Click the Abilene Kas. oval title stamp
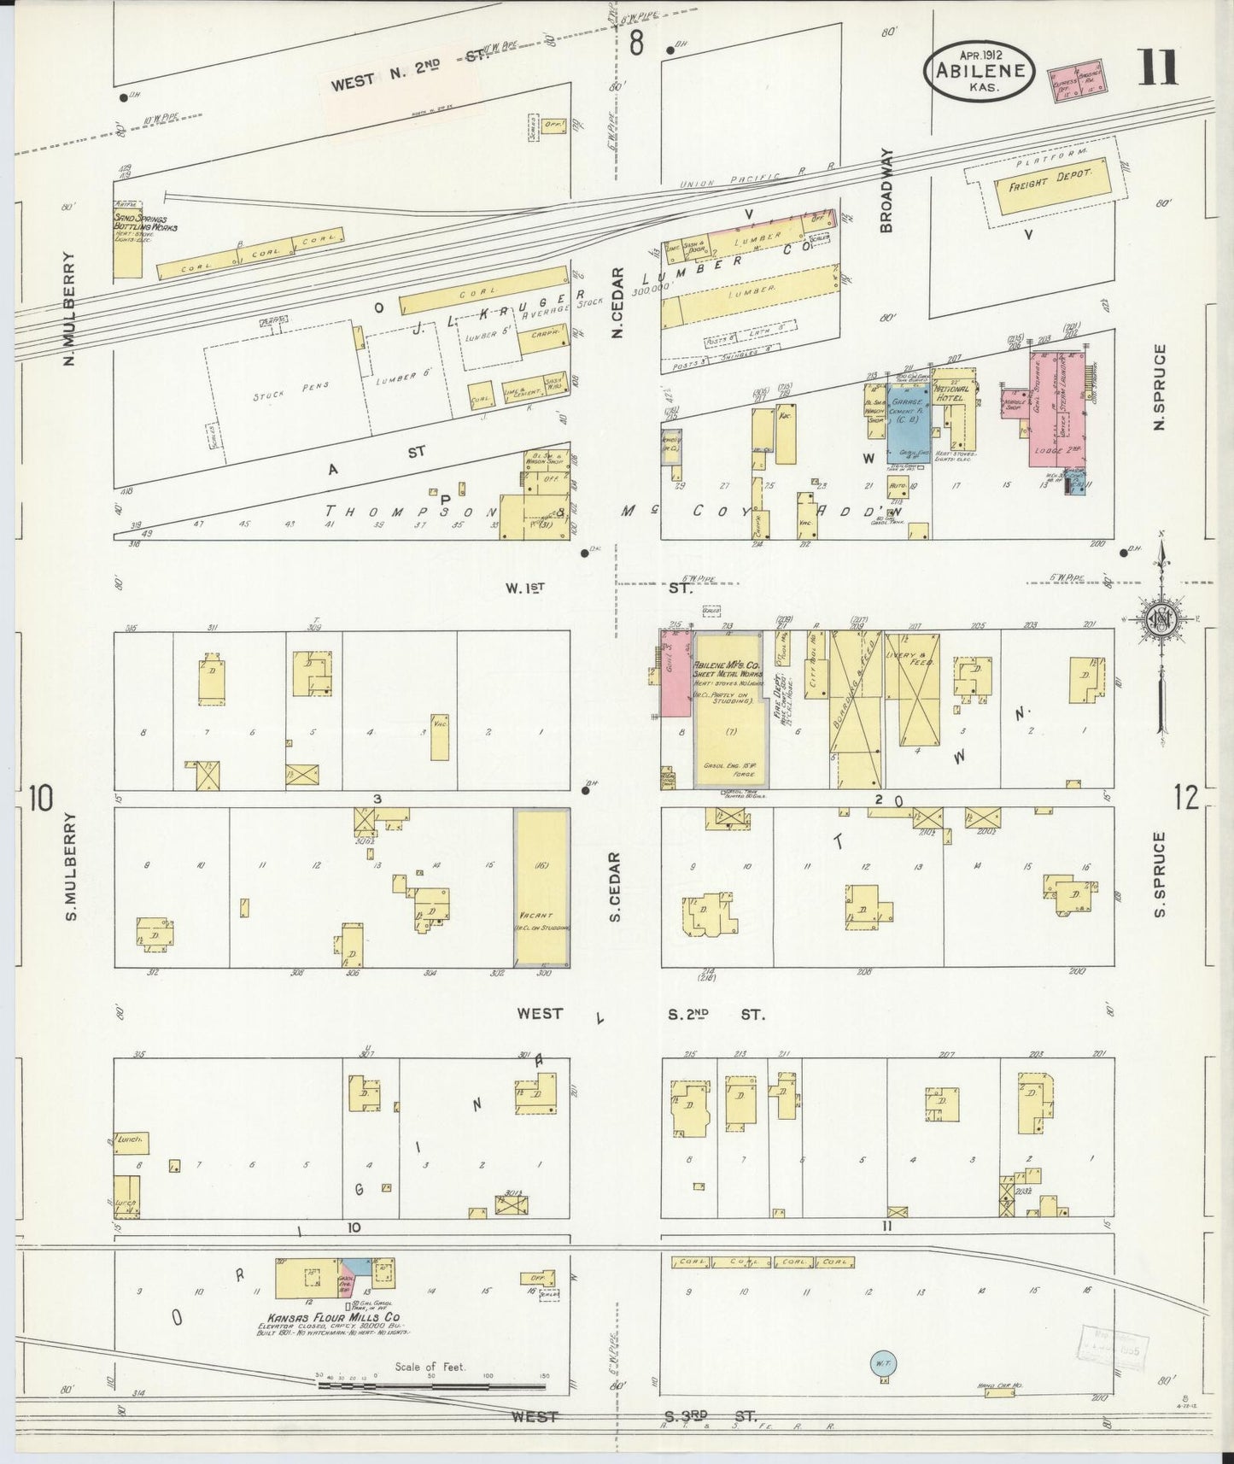tap(980, 72)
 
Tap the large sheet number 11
tap(1157, 68)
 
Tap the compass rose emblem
tap(1161, 619)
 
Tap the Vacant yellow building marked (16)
tap(541, 888)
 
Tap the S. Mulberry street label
tap(72, 865)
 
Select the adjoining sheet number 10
tap(39, 798)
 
